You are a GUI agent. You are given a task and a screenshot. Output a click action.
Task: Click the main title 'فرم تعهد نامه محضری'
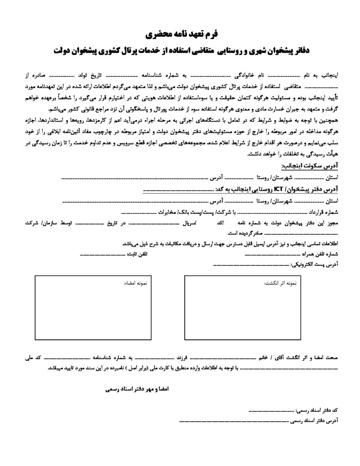[x=180, y=34]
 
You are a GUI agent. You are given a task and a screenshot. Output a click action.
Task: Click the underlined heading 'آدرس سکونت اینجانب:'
[x=312, y=167]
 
